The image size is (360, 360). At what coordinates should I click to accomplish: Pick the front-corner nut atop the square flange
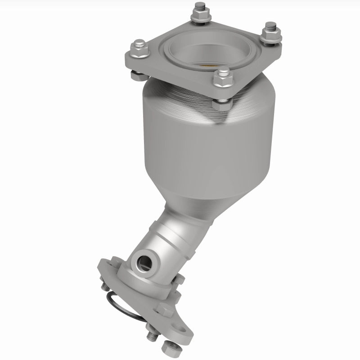pyautogui.click(x=222, y=80)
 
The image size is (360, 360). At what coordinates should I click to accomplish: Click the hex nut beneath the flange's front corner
pyautogui.click(x=222, y=105)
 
